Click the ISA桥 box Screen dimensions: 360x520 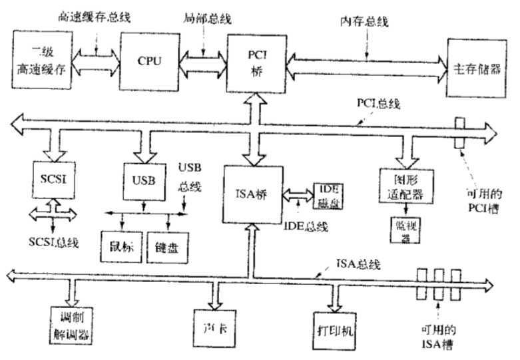(252, 194)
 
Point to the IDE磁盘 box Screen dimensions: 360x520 (327, 194)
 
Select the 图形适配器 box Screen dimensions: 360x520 (405, 186)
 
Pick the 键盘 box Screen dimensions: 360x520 (166, 248)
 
